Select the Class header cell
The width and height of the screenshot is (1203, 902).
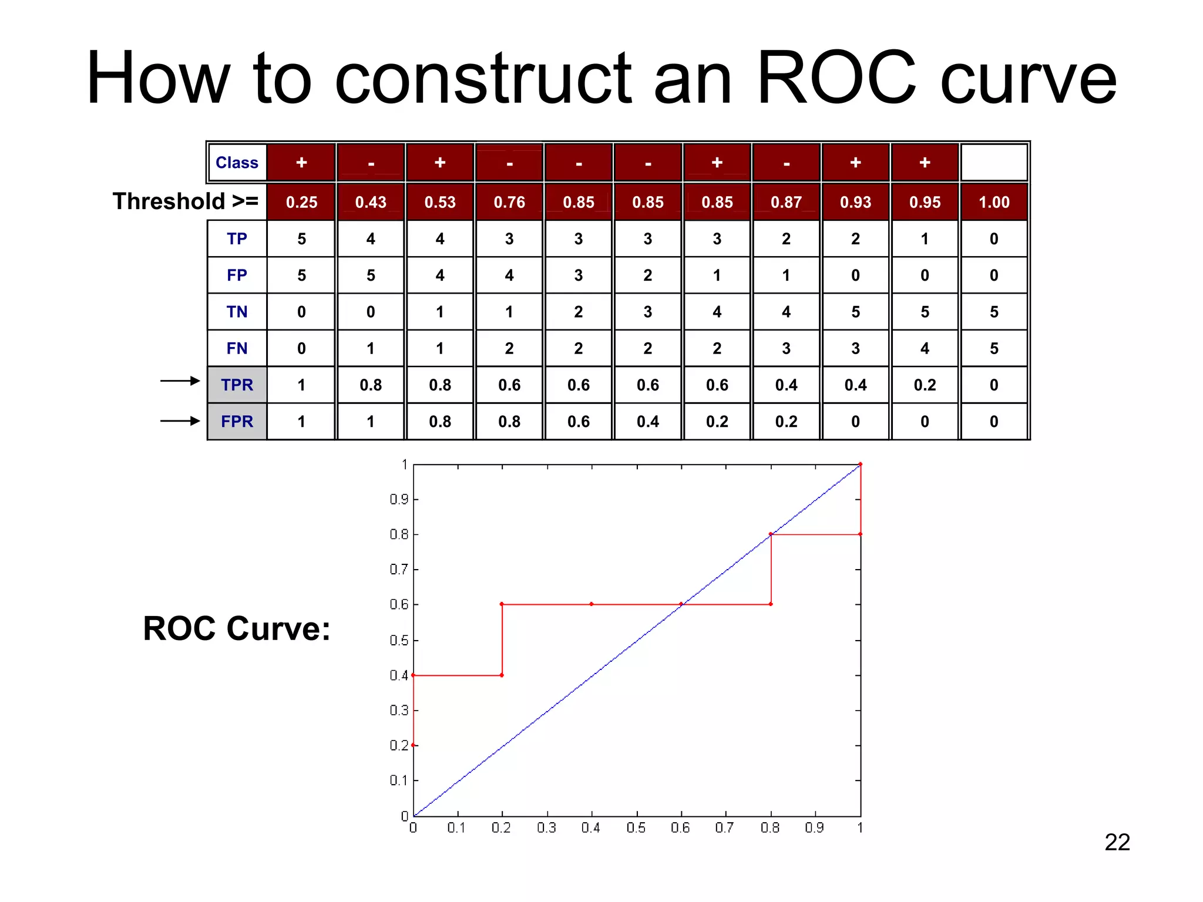(237, 163)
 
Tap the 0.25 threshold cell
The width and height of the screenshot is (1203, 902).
(301, 202)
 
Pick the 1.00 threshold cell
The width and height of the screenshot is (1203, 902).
(994, 202)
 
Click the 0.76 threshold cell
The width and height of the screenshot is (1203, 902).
(509, 202)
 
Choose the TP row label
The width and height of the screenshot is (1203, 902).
(237, 239)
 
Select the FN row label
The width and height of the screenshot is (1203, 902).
(237, 348)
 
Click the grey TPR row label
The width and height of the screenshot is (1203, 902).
(237, 385)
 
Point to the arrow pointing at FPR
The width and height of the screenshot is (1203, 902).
(180, 421)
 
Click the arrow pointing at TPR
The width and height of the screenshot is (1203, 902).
(180, 381)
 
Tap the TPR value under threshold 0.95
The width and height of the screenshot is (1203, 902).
(925, 385)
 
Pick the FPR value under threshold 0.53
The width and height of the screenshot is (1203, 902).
(440, 422)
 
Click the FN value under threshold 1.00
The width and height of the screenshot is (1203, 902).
(994, 348)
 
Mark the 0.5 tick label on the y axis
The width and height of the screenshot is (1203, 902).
(399, 640)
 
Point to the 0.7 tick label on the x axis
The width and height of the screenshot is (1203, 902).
(724, 828)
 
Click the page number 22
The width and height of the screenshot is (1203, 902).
(1117, 843)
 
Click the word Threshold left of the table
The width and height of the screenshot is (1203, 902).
(169, 201)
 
